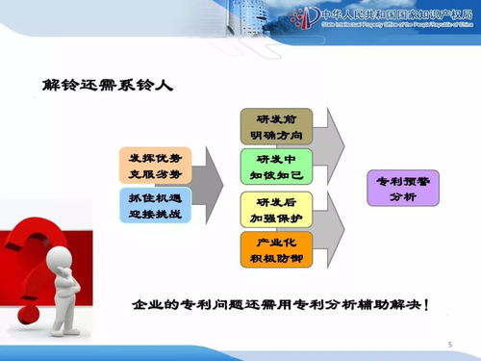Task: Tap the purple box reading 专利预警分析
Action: (397, 188)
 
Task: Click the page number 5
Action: (449, 345)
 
